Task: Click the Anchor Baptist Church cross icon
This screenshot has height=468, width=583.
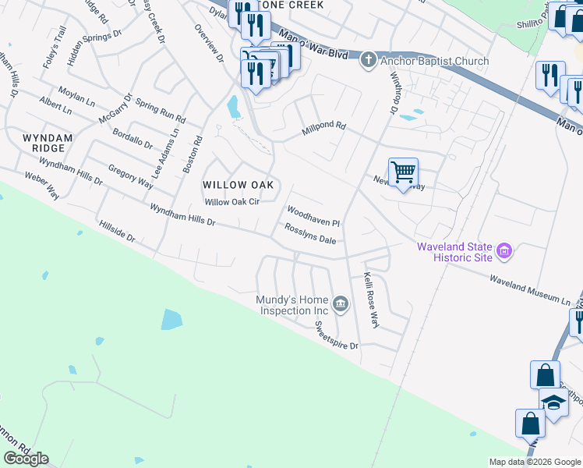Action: tap(368, 61)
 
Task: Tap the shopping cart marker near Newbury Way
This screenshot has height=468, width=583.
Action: tap(403, 172)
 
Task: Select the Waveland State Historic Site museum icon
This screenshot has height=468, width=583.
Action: tap(504, 252)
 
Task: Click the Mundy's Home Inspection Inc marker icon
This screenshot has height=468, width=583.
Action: tap(340, 303)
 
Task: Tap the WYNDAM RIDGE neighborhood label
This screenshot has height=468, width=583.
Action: tap(48, 143)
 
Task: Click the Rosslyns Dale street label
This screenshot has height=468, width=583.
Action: tap(309, 236)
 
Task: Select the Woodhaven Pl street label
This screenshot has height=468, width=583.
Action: tap(313, 216)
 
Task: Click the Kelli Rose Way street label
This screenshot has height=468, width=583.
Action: tap(369, 300)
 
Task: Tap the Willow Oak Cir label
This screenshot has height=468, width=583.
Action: tap(231, 202)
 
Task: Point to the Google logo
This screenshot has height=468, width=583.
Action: tap(26, 459)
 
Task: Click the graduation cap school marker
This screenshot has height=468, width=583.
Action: tap(554, 402)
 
